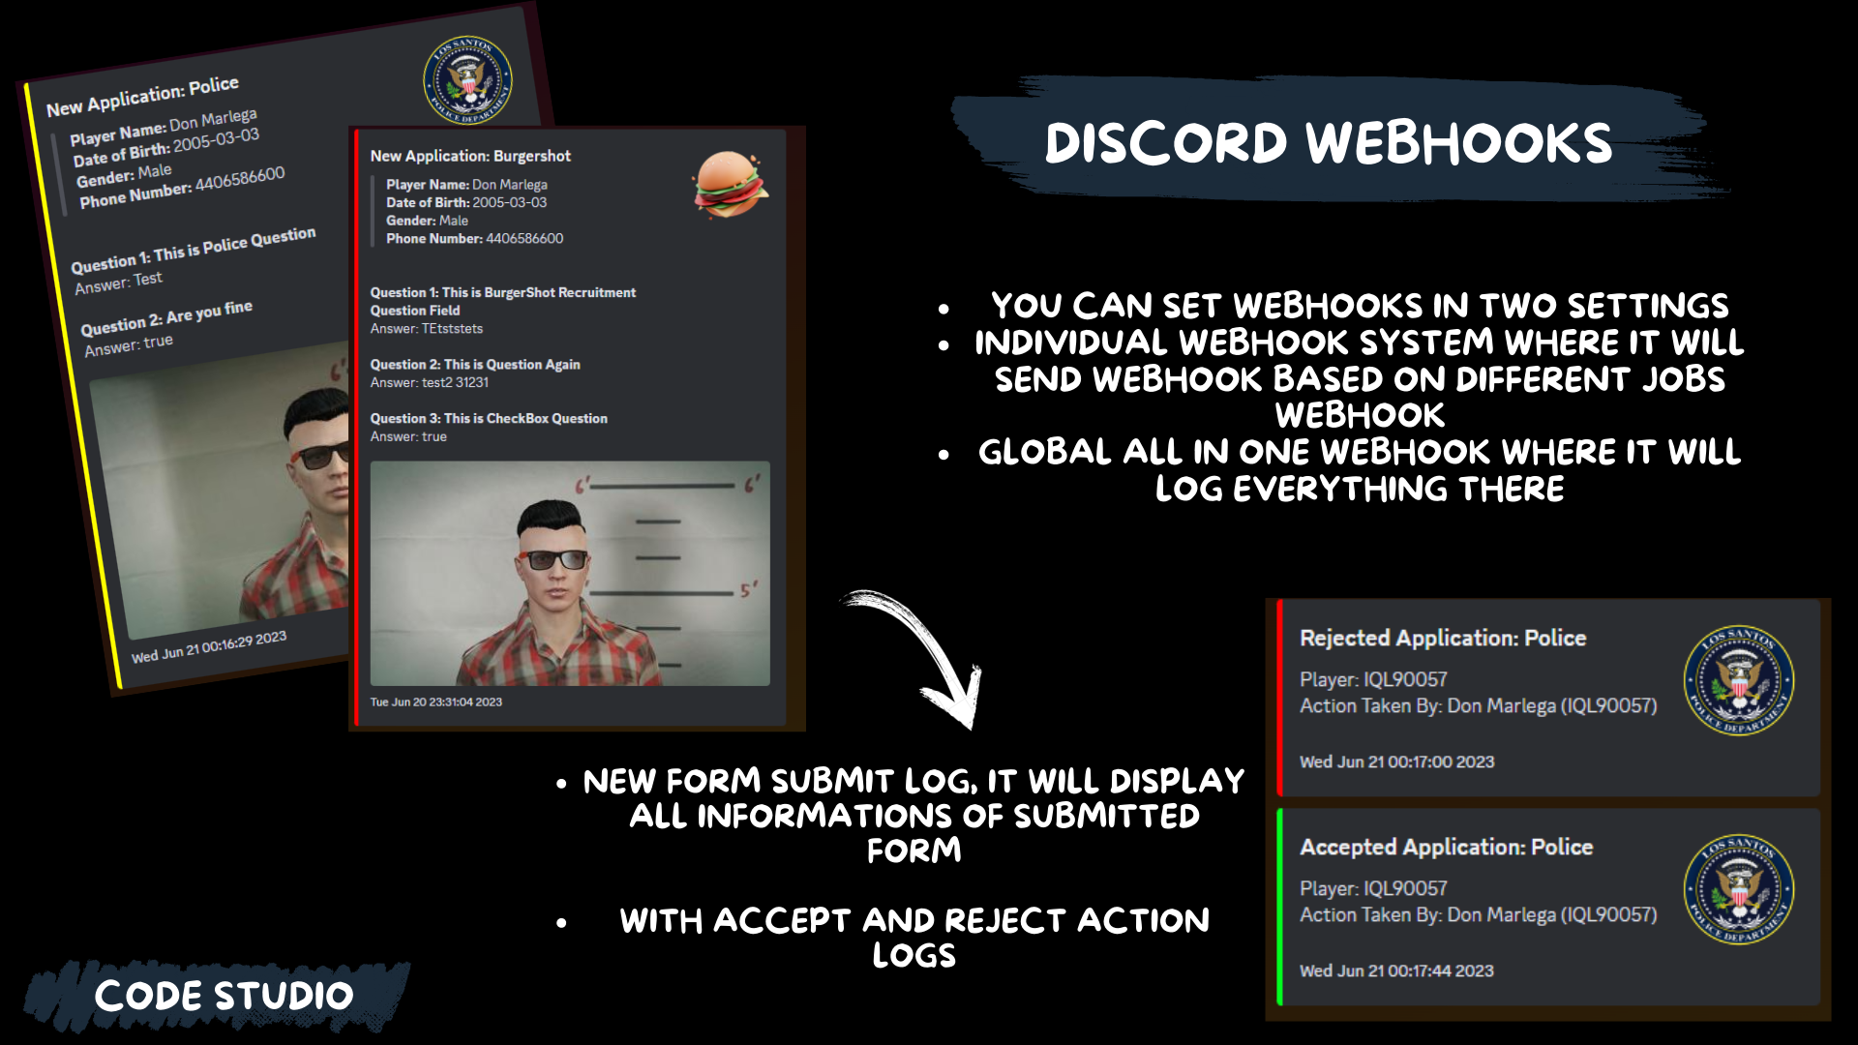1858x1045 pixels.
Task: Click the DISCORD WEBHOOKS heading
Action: pyautogui.click(x=1328, y=142)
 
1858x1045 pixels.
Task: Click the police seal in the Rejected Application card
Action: pyautogui.click(x=1738, y=679)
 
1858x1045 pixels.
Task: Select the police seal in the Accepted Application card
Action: pyautogui.click(x=1738, y=888)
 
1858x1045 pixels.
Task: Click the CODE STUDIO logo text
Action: pyautogui.click(x=224, y=996)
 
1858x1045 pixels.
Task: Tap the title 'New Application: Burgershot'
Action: pyautogui.click(x=470, y=156)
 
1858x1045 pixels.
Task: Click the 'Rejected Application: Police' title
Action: pyautogui.click(x=1442, y=638)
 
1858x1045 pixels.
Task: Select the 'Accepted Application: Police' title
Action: pyautogui.click(x=1446, y=847)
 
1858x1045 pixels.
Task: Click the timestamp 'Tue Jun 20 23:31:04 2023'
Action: pyautogui.click(x=435, y=702)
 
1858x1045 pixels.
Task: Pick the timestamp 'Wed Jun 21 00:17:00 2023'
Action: pyautogui.click(x=1396, y=761)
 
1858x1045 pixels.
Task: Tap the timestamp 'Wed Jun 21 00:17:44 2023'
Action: pyautogui.click(x=1396, y=970)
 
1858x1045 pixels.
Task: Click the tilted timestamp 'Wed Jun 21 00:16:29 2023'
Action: pyautogui.click(x=209, y=646)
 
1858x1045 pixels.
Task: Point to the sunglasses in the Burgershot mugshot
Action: pyautogui.click(x=554, y=559)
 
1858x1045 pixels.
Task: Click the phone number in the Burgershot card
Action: pyautogui.click(x=524, y=238)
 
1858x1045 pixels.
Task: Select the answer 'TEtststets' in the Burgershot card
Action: pyautogui.click(x=452, y=329)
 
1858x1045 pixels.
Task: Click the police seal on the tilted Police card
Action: pyautogui.click(x=467, y=80)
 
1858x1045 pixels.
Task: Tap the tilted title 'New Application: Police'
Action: pyautogui.click(x=142, y=97)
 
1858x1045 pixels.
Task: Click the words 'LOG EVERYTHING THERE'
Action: pyautogui.click(x=1359, y=489)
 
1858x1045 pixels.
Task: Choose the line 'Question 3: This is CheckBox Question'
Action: pyautogui.click(x=489, y=418)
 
